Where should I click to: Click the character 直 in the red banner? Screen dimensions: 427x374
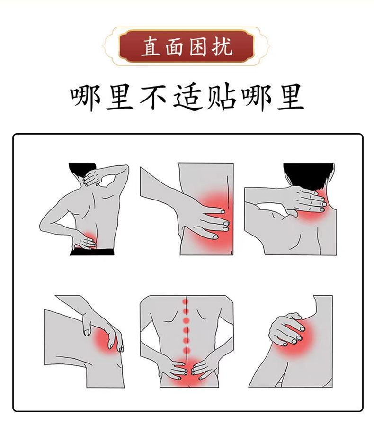click(151, 47)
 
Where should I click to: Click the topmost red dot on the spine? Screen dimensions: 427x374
click(186, 301)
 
